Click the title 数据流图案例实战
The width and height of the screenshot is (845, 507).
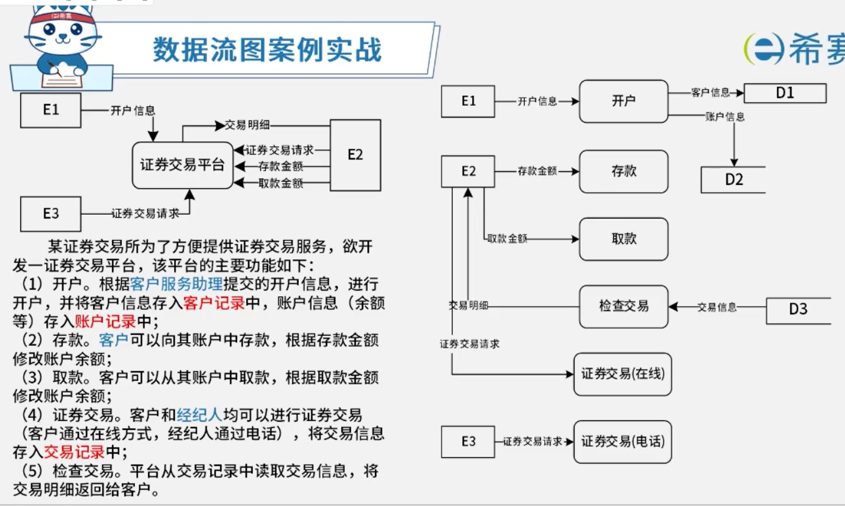267,50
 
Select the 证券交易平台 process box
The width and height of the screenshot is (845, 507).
183,165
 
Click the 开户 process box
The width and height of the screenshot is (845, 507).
624,101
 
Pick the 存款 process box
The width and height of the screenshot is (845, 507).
624,172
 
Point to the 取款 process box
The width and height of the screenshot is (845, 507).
624,239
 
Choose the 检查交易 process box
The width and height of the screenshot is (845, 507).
624,306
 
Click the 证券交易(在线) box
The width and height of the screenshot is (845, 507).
623,374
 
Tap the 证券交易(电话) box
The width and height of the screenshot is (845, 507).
623,442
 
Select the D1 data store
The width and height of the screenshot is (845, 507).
785,93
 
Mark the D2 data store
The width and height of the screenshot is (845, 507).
733,180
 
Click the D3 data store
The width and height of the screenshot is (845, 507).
798,309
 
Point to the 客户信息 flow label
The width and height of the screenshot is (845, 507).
710,93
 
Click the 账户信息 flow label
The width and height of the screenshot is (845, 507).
725,117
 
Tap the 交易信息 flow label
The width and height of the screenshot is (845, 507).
717,307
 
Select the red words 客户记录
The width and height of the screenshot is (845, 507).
214,303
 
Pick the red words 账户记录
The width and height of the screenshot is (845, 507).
105,321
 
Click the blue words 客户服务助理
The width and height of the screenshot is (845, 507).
176,284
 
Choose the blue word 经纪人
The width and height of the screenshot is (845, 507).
199,415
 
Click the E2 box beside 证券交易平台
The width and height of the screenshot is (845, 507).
355,155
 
